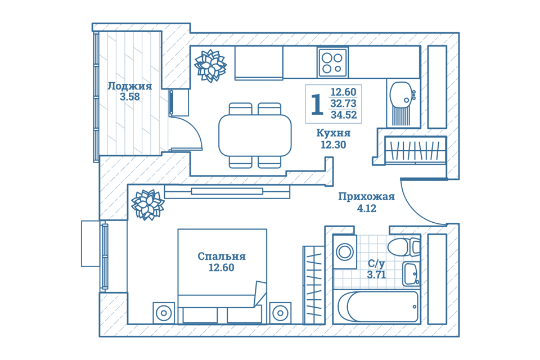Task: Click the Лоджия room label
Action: click(x=129, y=85)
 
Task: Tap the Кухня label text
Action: click(x=334, y=133)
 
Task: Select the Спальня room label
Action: click(x=222, y=256)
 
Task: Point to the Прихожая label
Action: click(x=366, y=197)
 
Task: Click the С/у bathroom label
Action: click(x=376, y=264)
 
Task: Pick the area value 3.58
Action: click(x=130, y=97)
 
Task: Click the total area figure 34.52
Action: click(x=343, y=115)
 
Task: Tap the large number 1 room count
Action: click(x=317, y=105)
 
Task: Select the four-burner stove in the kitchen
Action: click(x=332, y=62)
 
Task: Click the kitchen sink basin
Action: click(x=402, y=94)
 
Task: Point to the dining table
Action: click(x=255, y=136)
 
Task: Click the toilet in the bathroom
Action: click(x=404, y=247)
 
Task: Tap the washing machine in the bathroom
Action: click(x=345, y=251)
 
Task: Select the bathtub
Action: click(x=378, y=306)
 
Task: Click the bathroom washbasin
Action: click(x=411, y=273)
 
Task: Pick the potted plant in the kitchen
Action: click(x=210, y=66)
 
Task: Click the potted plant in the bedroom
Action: click(x=147, y=205)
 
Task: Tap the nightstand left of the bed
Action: click(x=164, y=313)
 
